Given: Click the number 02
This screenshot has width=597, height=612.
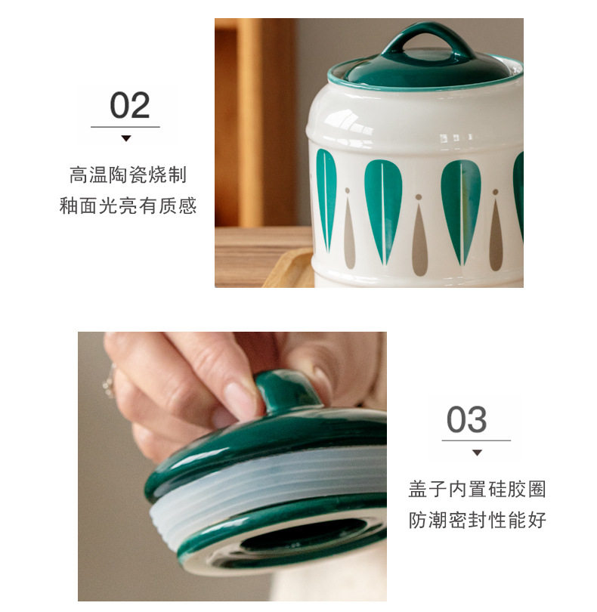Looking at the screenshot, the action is (130, 105).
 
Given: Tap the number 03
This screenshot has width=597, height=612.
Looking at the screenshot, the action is (466, 419).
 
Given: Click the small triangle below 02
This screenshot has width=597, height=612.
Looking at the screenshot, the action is (125, 138).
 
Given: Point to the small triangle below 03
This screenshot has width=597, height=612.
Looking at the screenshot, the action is (477, 453).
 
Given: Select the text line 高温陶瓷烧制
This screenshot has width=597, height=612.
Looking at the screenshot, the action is (128, 175).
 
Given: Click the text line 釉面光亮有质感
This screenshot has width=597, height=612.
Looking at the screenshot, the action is (128, 206).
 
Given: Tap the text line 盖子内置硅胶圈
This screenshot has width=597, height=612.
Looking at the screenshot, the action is (477, 489).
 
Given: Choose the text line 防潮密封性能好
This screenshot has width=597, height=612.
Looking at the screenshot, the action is (477, 520).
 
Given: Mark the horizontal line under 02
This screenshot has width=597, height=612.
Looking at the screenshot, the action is (125, 127).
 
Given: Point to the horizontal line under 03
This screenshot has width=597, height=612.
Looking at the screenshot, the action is (476, 440).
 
